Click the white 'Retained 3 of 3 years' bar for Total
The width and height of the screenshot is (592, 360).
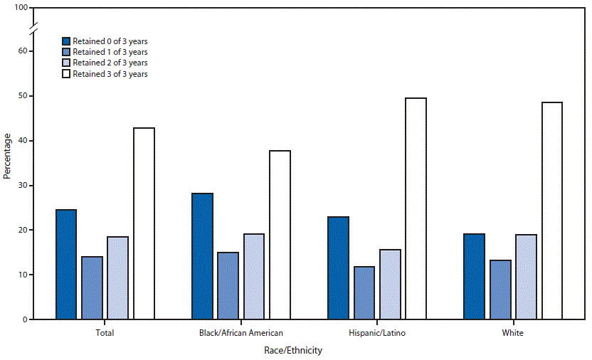pos(144,223)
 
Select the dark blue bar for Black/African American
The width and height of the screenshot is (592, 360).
pos(202,256)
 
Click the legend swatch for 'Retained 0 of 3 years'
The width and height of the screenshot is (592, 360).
pos(67,41)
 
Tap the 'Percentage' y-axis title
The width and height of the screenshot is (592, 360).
pos(7,155)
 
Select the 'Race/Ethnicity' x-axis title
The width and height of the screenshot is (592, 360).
pos(296,350)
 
